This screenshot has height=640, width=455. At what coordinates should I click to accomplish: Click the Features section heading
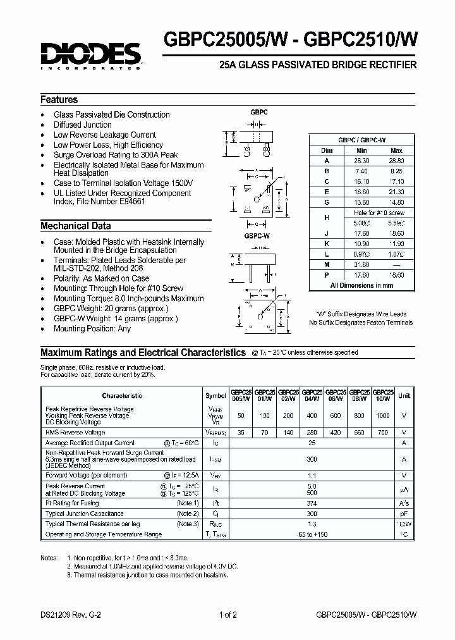(x=59, y=100)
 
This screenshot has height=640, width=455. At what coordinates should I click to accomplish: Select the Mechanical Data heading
(x=75, y=226)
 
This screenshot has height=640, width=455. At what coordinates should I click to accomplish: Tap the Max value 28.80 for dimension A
(x=396, y=161)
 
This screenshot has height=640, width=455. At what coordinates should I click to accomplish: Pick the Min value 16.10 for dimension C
(x=361, y=181)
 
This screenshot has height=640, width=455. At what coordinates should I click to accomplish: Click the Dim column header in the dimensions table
(x=327, y=151)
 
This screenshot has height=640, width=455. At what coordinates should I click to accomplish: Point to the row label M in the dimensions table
(x=327, y=265)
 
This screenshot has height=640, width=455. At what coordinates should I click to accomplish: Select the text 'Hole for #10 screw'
(x=379, y=213)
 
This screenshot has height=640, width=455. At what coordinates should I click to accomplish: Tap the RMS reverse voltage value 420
(x=336, y=433)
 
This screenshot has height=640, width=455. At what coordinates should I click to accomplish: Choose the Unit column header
(x=404, y=395)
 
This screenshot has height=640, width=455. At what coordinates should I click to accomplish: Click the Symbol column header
(x=215, y=396)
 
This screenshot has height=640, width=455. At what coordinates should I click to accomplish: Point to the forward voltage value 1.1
(x=311, y=474)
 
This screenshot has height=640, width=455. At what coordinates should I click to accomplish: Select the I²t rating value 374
(x=311, y=503)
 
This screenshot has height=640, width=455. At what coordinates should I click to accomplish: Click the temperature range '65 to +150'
(x=311, y=534)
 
